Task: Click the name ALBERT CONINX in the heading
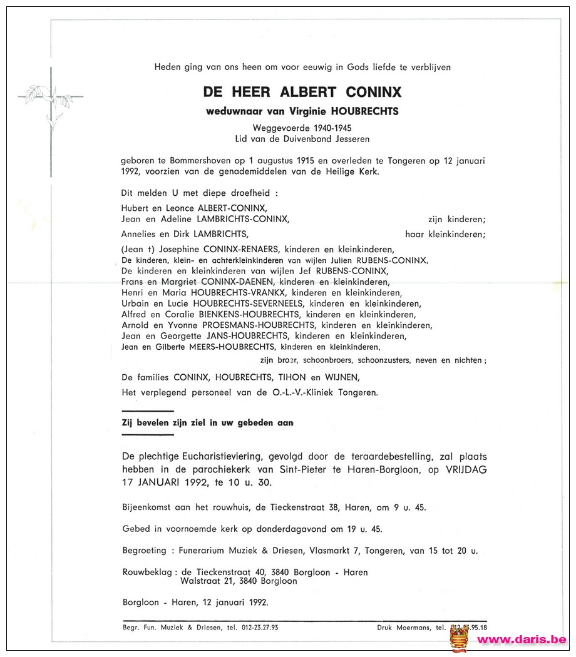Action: click(341, 92)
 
